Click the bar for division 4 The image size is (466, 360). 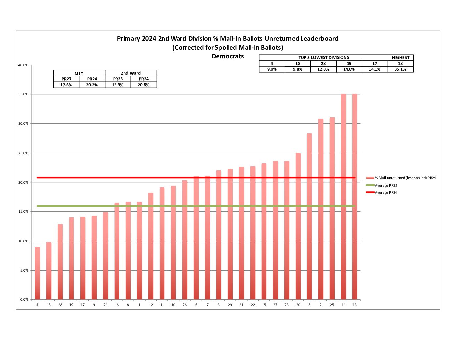pyautogui.click(x=37, y=273)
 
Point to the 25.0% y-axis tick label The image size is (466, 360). pyautogui.click(x=23, y=153)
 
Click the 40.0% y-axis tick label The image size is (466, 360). pyautogui.click(x=23, y=65)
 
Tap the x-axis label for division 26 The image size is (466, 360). pyautogui.click(x=185, y=305)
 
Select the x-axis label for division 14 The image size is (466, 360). pyautogui.click(x=344, y=305)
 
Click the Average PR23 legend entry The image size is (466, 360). pyautogui.click(x=386, y=185)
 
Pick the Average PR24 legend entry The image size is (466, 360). pyautogui.click(x=386, y=192)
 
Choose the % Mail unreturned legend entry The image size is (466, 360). pyautogui.click(x=405, y=178)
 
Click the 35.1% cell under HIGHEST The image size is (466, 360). pyautogui.click(x=400, y=69)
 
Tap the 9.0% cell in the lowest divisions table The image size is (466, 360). pyautogui.click(x=272, y=69)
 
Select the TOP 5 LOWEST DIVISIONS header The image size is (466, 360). pyautogui.click(x=323, y=58)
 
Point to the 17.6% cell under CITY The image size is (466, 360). pyautogui.click(x=66, y=85)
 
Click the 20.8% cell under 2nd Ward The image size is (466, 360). pyautogui.click(x=144, y=85)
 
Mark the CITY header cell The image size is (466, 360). pyautogui.click(x=79, y=73)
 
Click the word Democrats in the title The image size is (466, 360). pyautogui.click(x=228, y=56)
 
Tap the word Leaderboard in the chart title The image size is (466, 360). pyautogui.click(x=319, y=39)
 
